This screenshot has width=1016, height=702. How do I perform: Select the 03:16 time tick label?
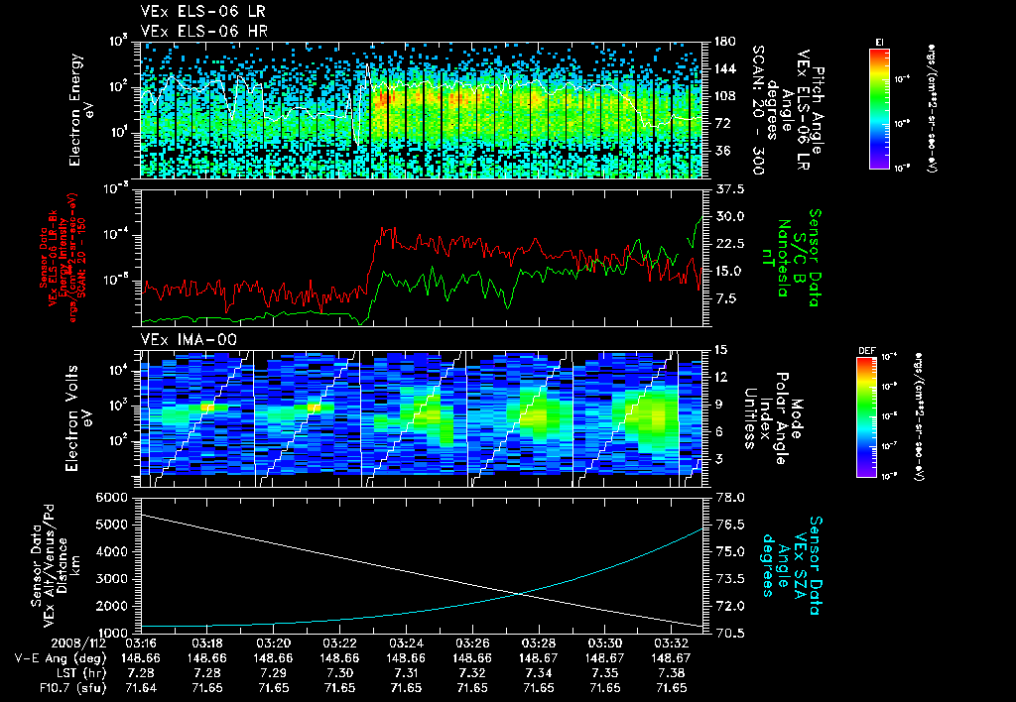click(141, 643)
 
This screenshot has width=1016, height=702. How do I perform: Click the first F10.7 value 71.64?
click(141, 686)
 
